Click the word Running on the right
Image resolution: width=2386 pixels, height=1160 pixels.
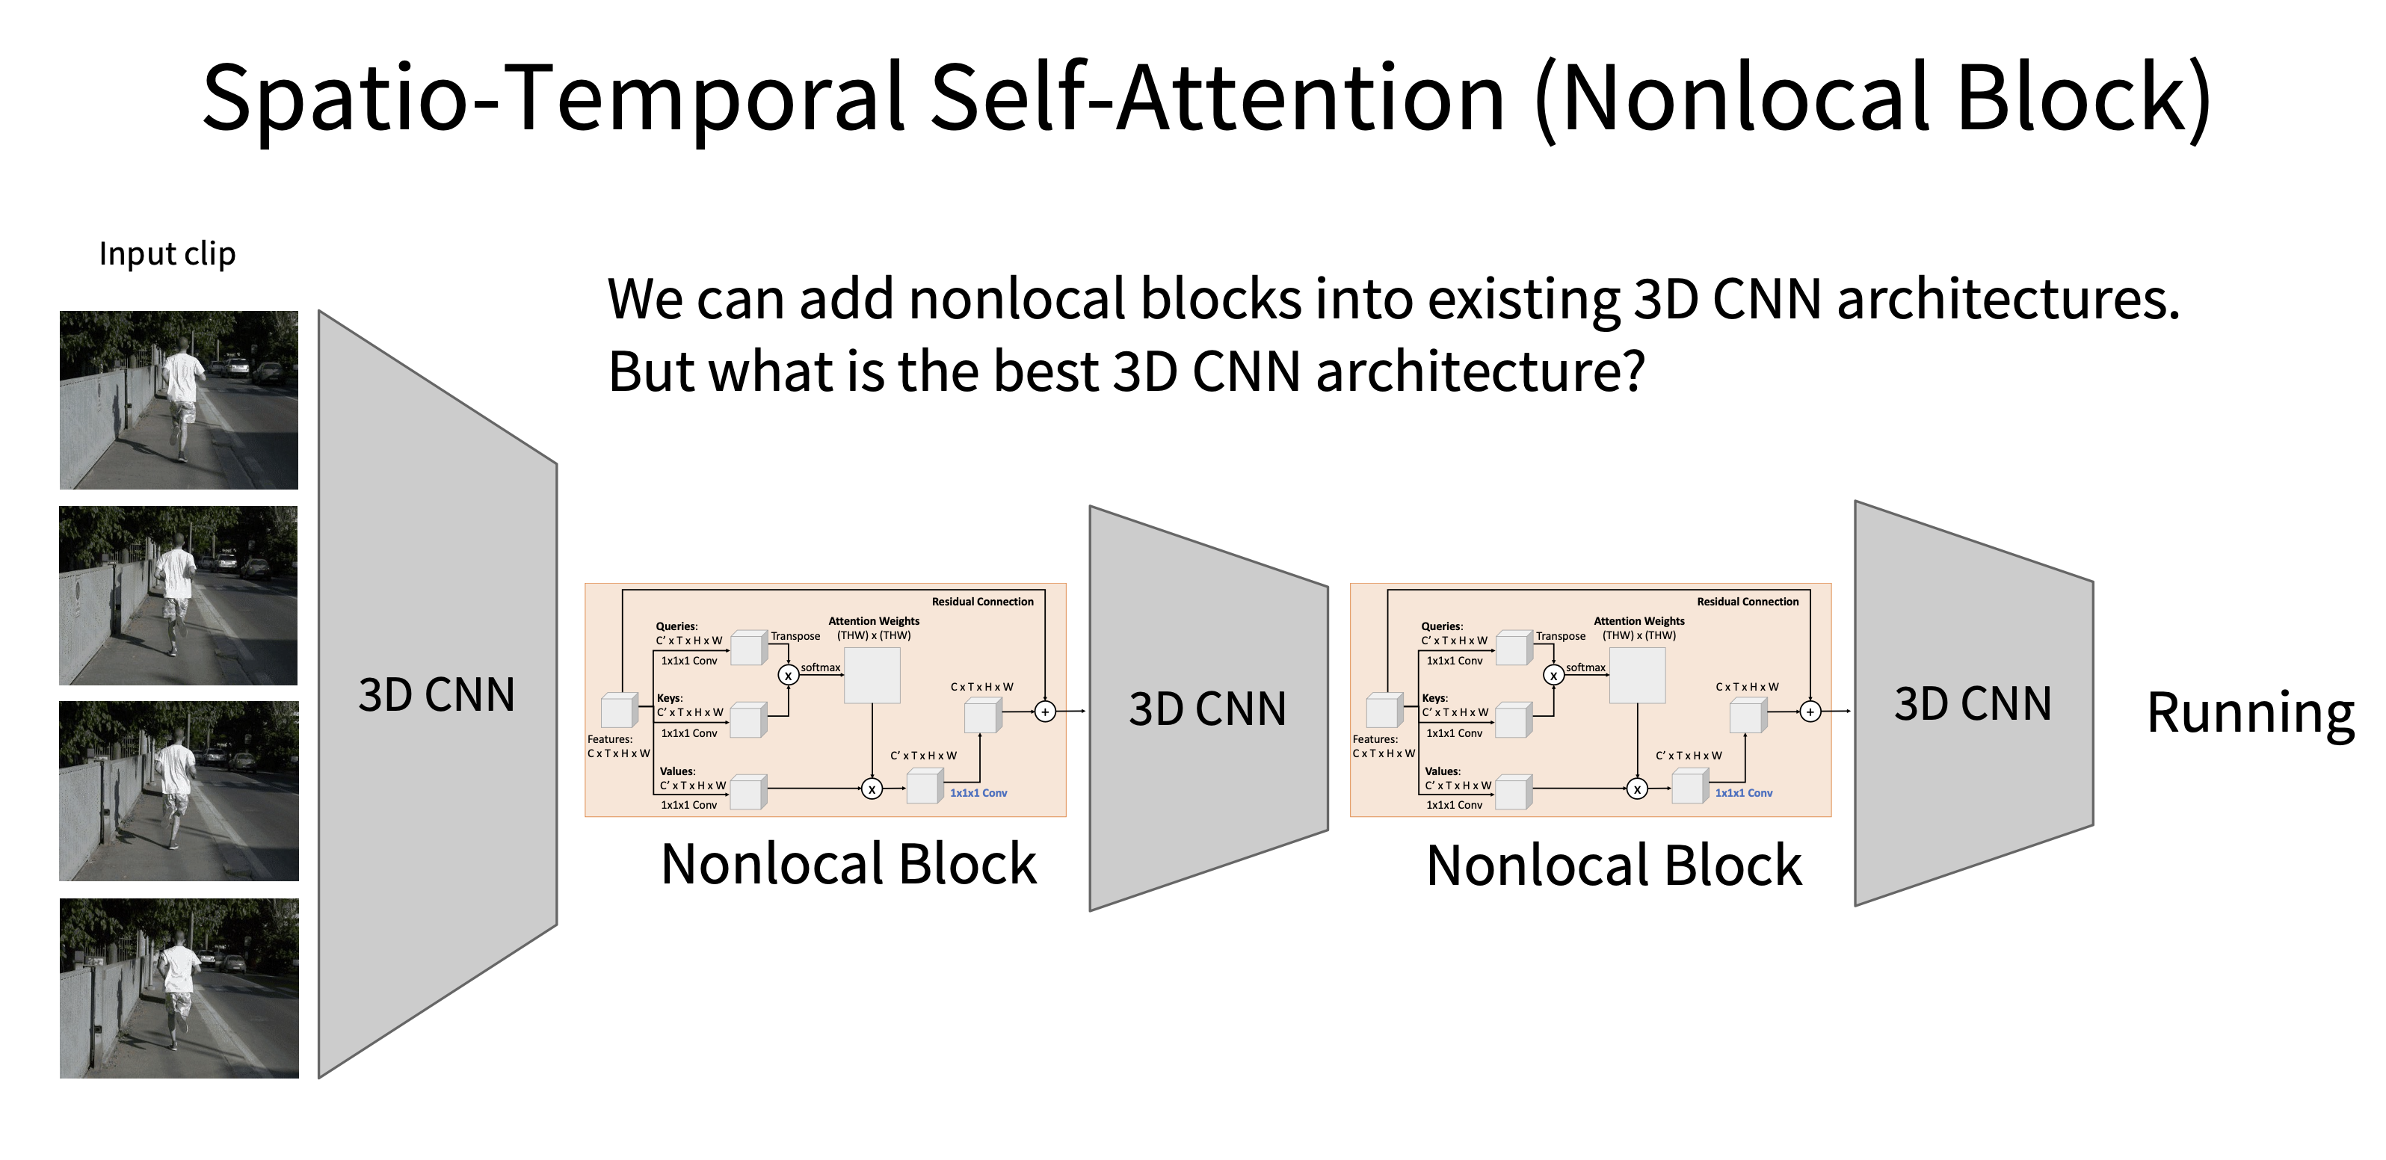[2250, 715]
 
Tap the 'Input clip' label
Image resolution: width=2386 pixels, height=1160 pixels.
[167, 254]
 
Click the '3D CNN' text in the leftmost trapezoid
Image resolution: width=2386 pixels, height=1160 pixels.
[437, 695]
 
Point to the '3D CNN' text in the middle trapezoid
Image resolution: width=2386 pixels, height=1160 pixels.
[1208, 709]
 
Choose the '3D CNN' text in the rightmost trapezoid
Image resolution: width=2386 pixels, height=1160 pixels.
[1973, 704]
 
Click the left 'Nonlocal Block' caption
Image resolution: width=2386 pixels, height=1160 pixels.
[848, 865]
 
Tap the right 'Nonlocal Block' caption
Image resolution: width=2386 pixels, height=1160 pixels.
[1615, 866]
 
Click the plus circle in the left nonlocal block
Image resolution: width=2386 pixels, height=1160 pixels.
[1045, 712]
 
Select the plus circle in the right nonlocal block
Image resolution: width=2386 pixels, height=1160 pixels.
[1810, 712]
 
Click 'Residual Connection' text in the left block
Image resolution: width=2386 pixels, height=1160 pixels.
[983, 602]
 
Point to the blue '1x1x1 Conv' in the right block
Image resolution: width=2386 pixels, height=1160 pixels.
[1743, 793]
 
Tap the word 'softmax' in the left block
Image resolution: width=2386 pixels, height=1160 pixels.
[821, 667]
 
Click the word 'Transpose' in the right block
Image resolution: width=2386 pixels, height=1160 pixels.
[1561, 637]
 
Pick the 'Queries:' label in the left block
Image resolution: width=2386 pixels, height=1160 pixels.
[677, 626]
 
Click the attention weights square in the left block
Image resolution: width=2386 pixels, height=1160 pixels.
[872, 676]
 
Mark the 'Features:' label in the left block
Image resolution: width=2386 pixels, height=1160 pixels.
[609, 739]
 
